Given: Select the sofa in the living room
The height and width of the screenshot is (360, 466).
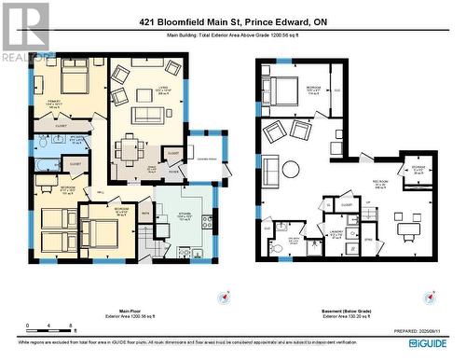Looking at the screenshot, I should coord(147,115).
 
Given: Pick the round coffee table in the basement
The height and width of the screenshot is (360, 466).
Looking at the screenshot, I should coord(291,169).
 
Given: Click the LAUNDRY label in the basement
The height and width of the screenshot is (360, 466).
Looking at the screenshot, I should coord(339,234).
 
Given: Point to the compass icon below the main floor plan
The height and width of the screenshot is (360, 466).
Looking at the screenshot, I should coord(224,297).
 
